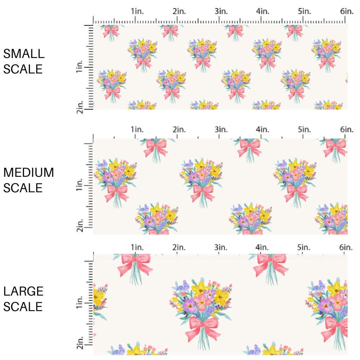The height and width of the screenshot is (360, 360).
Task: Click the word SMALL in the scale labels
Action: coord(24,54)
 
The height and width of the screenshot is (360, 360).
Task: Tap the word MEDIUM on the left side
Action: coord(28,173)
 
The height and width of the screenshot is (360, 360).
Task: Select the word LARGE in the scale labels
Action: coord(24,291)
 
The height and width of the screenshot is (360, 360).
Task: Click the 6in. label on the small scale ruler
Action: coord(347,12)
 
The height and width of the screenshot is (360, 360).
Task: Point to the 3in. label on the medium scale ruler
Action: coord(221,130)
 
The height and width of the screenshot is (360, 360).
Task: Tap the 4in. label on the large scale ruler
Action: coord(263,247)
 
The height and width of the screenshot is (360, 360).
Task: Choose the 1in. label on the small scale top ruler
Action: coord(137,12)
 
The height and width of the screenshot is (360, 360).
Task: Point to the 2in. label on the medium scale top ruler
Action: coord(179,130)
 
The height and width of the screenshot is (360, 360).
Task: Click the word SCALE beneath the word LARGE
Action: coord(23,307)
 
